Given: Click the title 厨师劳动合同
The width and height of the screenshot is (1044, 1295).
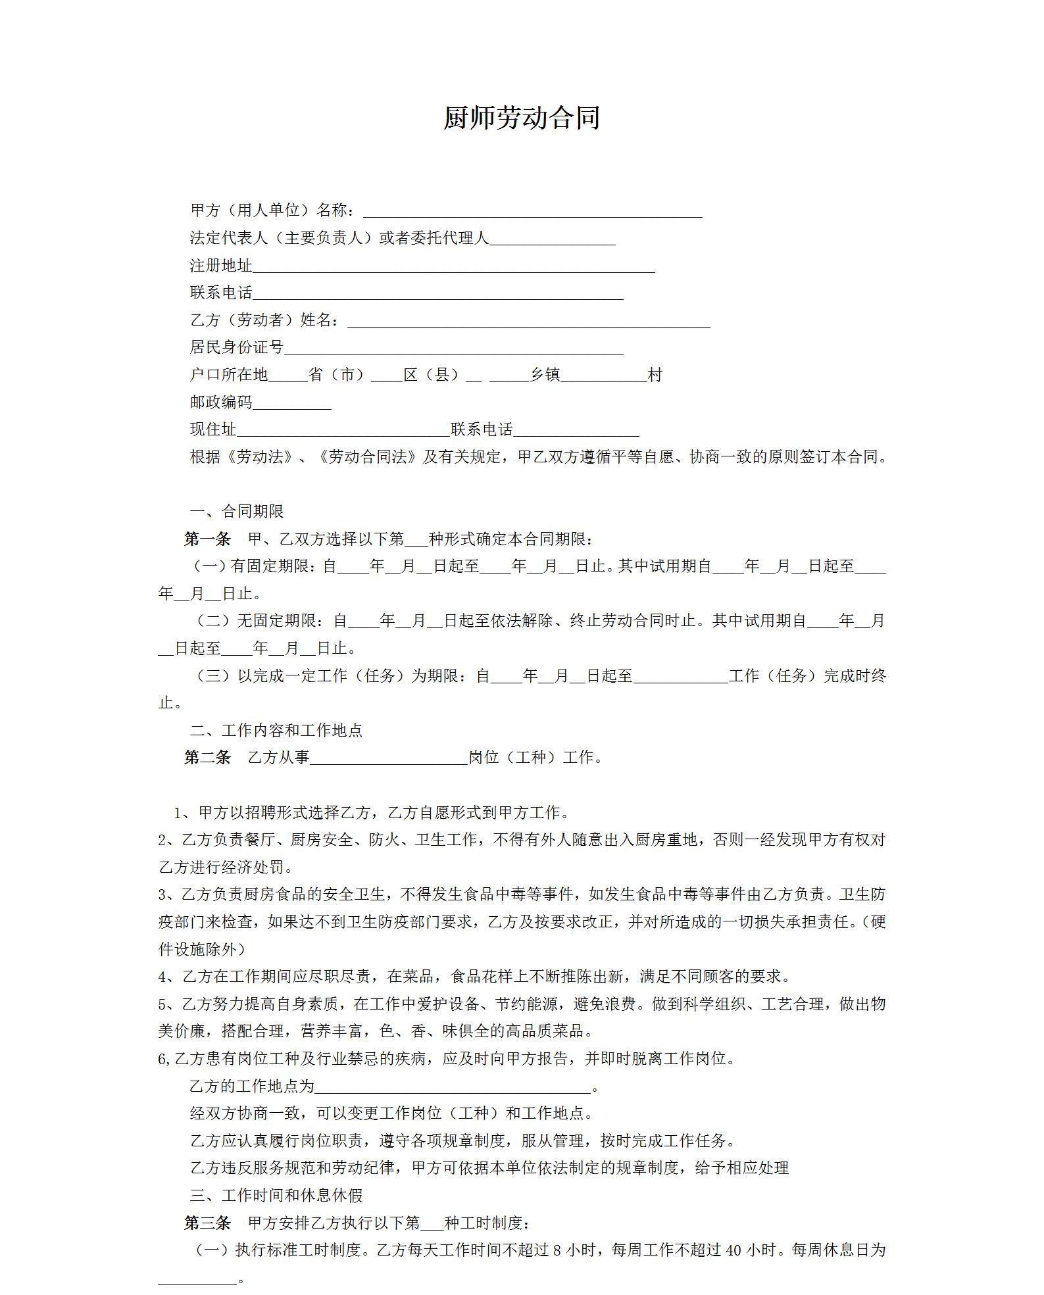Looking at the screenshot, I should (521, 118).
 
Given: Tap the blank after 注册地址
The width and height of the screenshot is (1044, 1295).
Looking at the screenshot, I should (454, 266).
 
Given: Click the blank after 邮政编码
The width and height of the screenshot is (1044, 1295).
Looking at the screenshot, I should (292, 403).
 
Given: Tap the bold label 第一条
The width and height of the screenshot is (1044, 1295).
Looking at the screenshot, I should (207, 539).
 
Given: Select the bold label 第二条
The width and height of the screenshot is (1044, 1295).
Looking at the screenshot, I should (207, 758).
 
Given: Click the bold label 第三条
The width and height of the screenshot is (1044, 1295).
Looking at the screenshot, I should (207, 1223).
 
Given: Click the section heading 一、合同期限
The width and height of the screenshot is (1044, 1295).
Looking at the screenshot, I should (237, 512).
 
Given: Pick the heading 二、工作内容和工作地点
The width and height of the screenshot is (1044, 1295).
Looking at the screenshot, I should (276, 730).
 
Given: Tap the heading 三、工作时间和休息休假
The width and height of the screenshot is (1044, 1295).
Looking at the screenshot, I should (276, 1196).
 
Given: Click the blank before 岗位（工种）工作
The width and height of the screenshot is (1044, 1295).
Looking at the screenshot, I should (389, 758).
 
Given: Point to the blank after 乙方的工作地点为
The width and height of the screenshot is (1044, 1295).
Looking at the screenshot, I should (454, 1087).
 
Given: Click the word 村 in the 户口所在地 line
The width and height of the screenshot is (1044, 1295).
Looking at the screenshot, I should (655, 375).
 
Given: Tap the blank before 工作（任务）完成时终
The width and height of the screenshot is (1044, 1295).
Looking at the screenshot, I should (680, 676).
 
